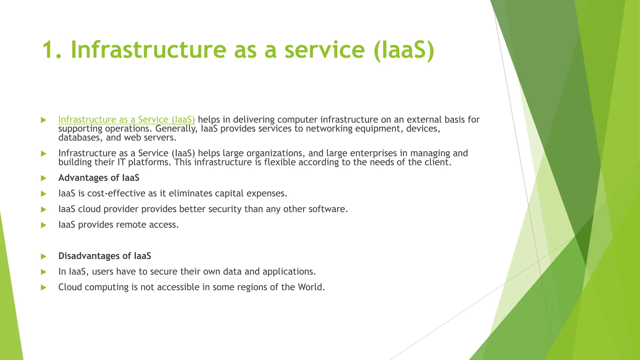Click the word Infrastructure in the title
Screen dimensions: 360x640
[148, 50]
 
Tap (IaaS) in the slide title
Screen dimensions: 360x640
[404, 50]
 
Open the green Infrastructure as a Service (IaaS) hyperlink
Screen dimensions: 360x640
[127, 120]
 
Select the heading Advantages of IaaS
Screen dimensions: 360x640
[99, 178]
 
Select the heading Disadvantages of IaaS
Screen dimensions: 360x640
[105, 256]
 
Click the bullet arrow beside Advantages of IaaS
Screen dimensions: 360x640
[43, 178]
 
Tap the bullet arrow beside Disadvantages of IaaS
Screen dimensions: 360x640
[43, 256]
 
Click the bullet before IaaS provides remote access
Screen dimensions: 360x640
[43, 225]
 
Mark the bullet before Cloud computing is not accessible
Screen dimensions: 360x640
[43, 287]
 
